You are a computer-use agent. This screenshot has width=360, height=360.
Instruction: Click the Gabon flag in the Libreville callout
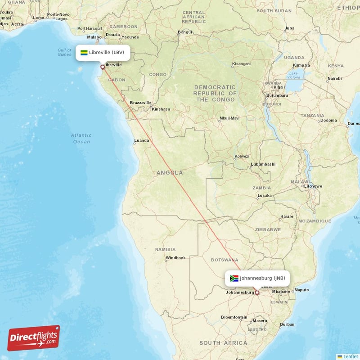pos(84,53)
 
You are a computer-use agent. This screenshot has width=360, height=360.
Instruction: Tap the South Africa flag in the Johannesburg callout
pos(234,278)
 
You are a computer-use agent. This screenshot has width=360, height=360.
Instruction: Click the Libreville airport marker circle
pos(103,67)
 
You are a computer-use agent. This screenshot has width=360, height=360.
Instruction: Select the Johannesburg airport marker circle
pos(257,292)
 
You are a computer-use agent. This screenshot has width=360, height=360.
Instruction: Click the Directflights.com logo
pos(34,338)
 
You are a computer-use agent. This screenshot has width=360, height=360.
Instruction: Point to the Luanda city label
pos(141,140)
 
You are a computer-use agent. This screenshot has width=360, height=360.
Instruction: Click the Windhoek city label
pos(175,258)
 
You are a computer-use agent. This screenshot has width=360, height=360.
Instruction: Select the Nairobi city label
pos(334,78)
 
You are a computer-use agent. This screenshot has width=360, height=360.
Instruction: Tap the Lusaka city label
pos(264,196)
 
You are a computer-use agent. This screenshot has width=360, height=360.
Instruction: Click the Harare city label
pos(287,216)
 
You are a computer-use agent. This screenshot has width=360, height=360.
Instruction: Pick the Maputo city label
pos(301,290)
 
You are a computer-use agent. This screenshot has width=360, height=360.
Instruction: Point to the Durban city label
pos(287,324)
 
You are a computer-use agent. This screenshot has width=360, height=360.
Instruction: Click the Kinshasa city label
pos(161,109)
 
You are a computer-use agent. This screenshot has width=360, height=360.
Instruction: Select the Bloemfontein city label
pos(234,317)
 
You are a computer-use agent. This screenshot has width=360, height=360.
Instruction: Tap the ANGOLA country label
pos(170,173)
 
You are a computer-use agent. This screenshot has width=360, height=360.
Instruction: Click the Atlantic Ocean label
pos(81,138)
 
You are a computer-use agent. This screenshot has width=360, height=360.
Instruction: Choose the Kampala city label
pos(301,65)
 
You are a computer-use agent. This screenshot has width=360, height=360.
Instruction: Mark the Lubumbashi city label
pos(263,164)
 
